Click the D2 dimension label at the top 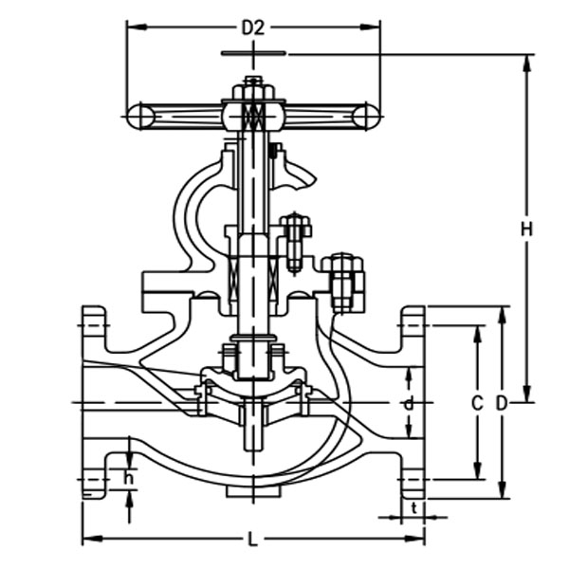(x=252, y=28)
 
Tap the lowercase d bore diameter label (x=409, y=404)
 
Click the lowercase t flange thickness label (x=416, y=506)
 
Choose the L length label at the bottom (x=252, y=540)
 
